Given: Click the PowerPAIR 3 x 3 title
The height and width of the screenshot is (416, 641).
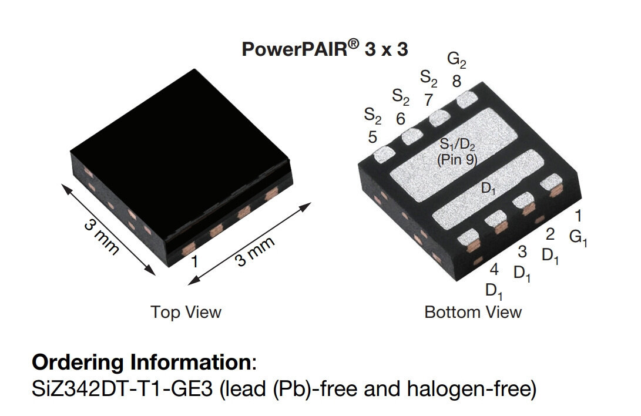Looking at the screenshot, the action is (x=324, y=49).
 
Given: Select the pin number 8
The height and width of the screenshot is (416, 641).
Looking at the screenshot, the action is (x=457, y=82).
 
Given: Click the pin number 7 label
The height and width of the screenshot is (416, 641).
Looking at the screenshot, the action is (x=429, y=100).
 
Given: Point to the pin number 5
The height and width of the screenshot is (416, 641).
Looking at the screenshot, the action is (x=372, y=137).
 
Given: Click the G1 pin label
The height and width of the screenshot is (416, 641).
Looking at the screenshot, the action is (x=578, y=238).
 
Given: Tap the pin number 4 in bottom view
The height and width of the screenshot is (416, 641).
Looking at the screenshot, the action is (x=494, y=270).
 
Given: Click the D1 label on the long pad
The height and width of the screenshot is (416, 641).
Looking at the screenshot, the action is (x=489, y=189).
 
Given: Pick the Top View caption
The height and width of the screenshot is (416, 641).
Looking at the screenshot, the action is (x=186, y=311).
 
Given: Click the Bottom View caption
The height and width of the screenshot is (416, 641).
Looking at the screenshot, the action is (x=473, y=311).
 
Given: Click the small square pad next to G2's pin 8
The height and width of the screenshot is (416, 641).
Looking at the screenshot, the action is (x=469, y=99).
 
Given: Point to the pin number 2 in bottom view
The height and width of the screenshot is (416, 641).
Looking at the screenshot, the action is (x=550, y=234).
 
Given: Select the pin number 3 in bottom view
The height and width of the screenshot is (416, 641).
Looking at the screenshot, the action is (x=522, y=252).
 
